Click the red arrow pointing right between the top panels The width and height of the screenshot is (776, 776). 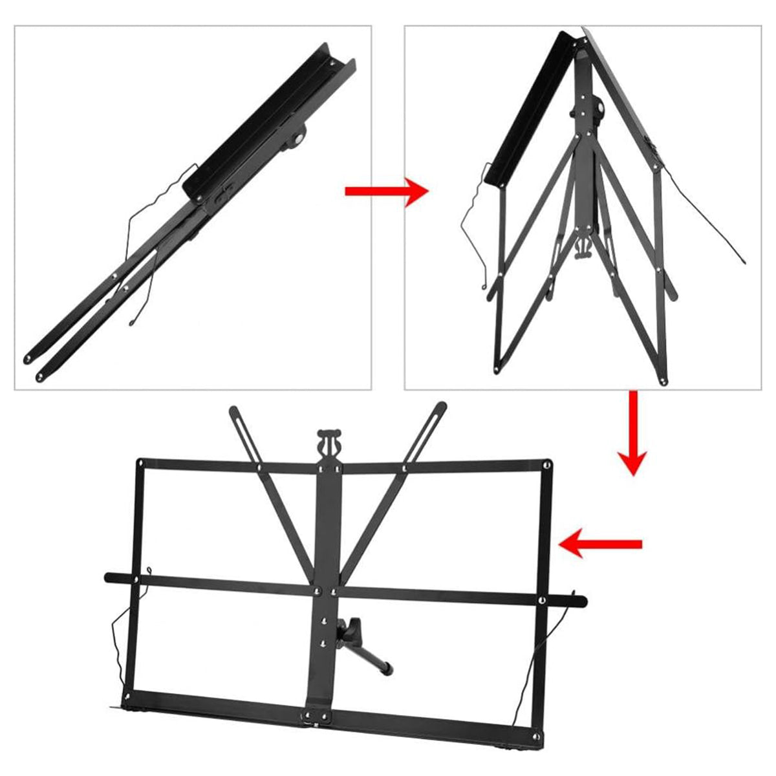(x=386, y=191)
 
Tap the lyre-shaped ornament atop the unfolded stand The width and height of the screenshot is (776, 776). (x=329, y=442)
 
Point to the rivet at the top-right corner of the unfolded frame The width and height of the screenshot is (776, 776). (x=547, y=464)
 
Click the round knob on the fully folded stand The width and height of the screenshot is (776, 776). (x=299, y=137)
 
